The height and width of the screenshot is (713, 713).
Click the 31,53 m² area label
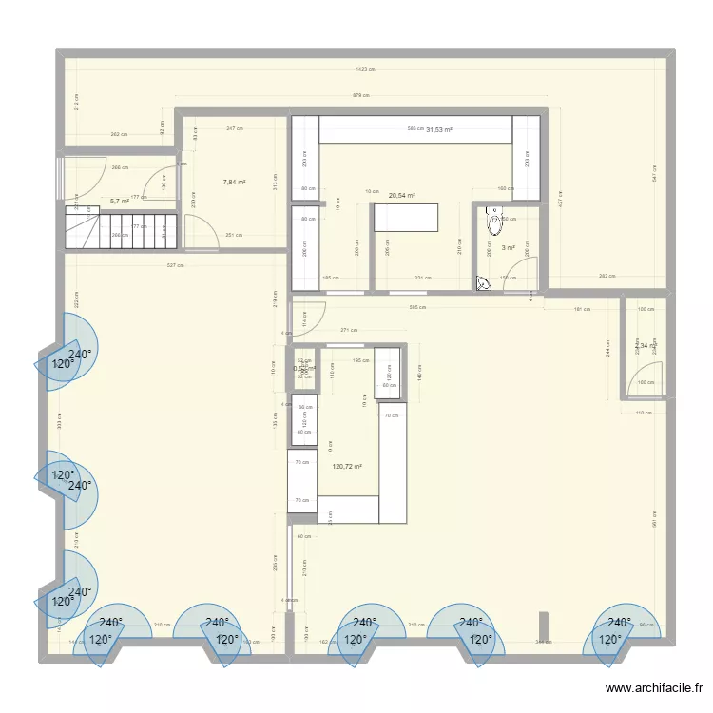(x=438, y=129)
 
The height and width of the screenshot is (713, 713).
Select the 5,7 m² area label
(x=119, y=202)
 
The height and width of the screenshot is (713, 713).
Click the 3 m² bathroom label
(x=509, y=248)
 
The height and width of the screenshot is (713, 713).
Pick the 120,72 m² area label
(x=347, y=467)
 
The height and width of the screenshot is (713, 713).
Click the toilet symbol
(x=493, y=222)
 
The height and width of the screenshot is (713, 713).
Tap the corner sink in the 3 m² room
(x=483, y=282)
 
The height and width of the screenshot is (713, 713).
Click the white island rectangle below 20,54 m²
(x=406, y=218)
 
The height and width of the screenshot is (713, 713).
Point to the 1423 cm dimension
(x=365, y=69)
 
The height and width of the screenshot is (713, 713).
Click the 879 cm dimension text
(x=360, y=95)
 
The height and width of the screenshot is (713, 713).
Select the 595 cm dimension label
(x=417, y=307)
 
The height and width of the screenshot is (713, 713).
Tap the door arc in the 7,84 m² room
(x=200, y=231)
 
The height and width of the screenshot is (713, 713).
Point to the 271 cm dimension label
(x=348, y=331)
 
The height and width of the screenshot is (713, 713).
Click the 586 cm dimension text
(x=415, y=129)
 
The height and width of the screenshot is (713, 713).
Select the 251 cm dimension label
(x=234, y=235)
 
